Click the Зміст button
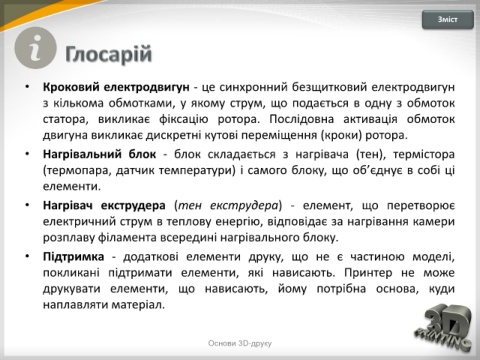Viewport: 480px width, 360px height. click(x=448, y=20)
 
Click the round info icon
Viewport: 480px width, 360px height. click(x=35, y=48)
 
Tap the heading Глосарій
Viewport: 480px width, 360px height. click(x=109, y=54)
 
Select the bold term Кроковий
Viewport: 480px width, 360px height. click(x=71, y=87)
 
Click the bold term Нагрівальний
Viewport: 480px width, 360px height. click(x=83, y=154)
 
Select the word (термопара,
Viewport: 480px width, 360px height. click(x=76, y=170)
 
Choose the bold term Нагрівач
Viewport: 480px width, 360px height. click(x=67, y=205)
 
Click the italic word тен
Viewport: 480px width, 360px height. click(x=188, y=205)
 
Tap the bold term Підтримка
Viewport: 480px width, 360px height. click(x=73, y=257)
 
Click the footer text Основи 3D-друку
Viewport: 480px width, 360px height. click(x=240, y=343)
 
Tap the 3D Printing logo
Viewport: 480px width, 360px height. click(x=443, y=328)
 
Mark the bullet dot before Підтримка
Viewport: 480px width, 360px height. click(x=27, y=256)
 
